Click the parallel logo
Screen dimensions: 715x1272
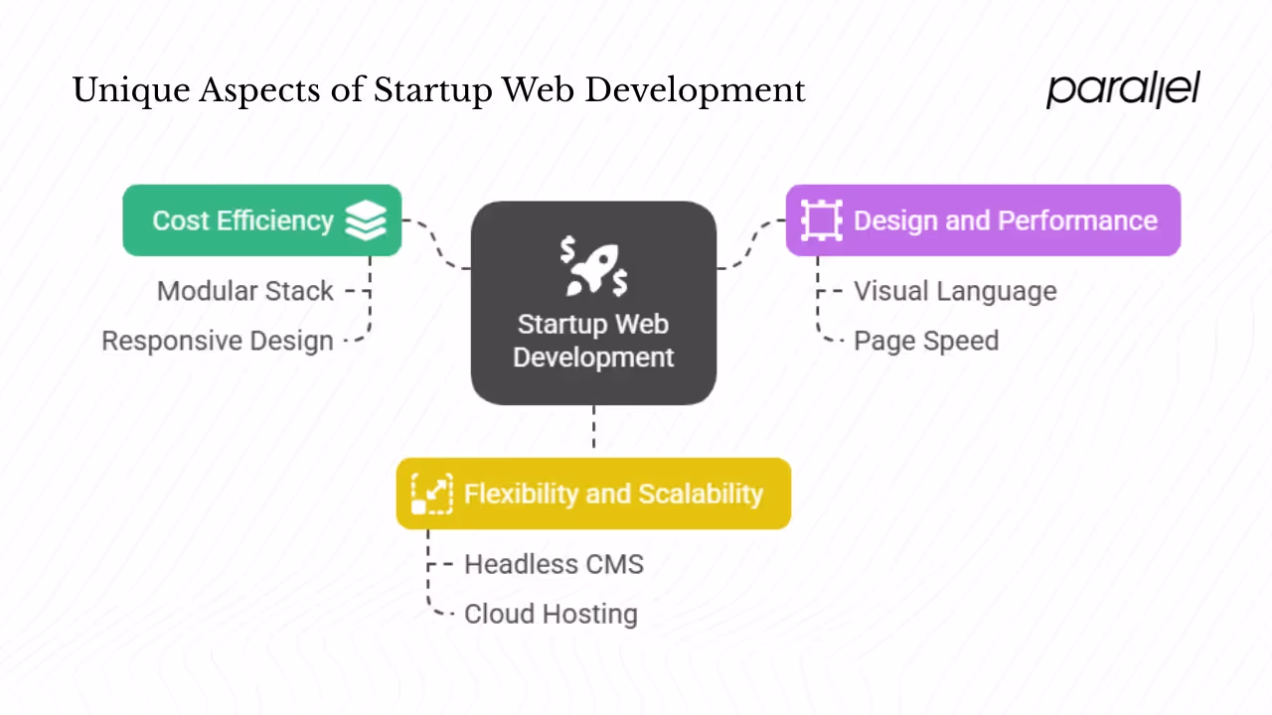pos(1123,89)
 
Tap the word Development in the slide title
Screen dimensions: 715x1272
pos(696,91)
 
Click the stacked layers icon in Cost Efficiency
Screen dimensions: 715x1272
pos(366,220)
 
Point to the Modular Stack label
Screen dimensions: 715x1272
pos(244,291)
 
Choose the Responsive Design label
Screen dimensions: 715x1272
pos(217,341)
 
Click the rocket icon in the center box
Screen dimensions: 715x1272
pos(593,266)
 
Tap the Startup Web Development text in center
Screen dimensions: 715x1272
pos(593,341)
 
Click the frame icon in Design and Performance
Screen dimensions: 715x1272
pos(821,220)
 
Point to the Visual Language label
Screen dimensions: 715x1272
pos(954,291)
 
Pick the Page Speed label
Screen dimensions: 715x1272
pos(925,341)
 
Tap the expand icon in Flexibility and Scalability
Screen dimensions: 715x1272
pos(432,494)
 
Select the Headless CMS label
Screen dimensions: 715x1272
pos(554,564)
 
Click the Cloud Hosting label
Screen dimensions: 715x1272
pos(550,614)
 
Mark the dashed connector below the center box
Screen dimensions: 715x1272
pos(593,429)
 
